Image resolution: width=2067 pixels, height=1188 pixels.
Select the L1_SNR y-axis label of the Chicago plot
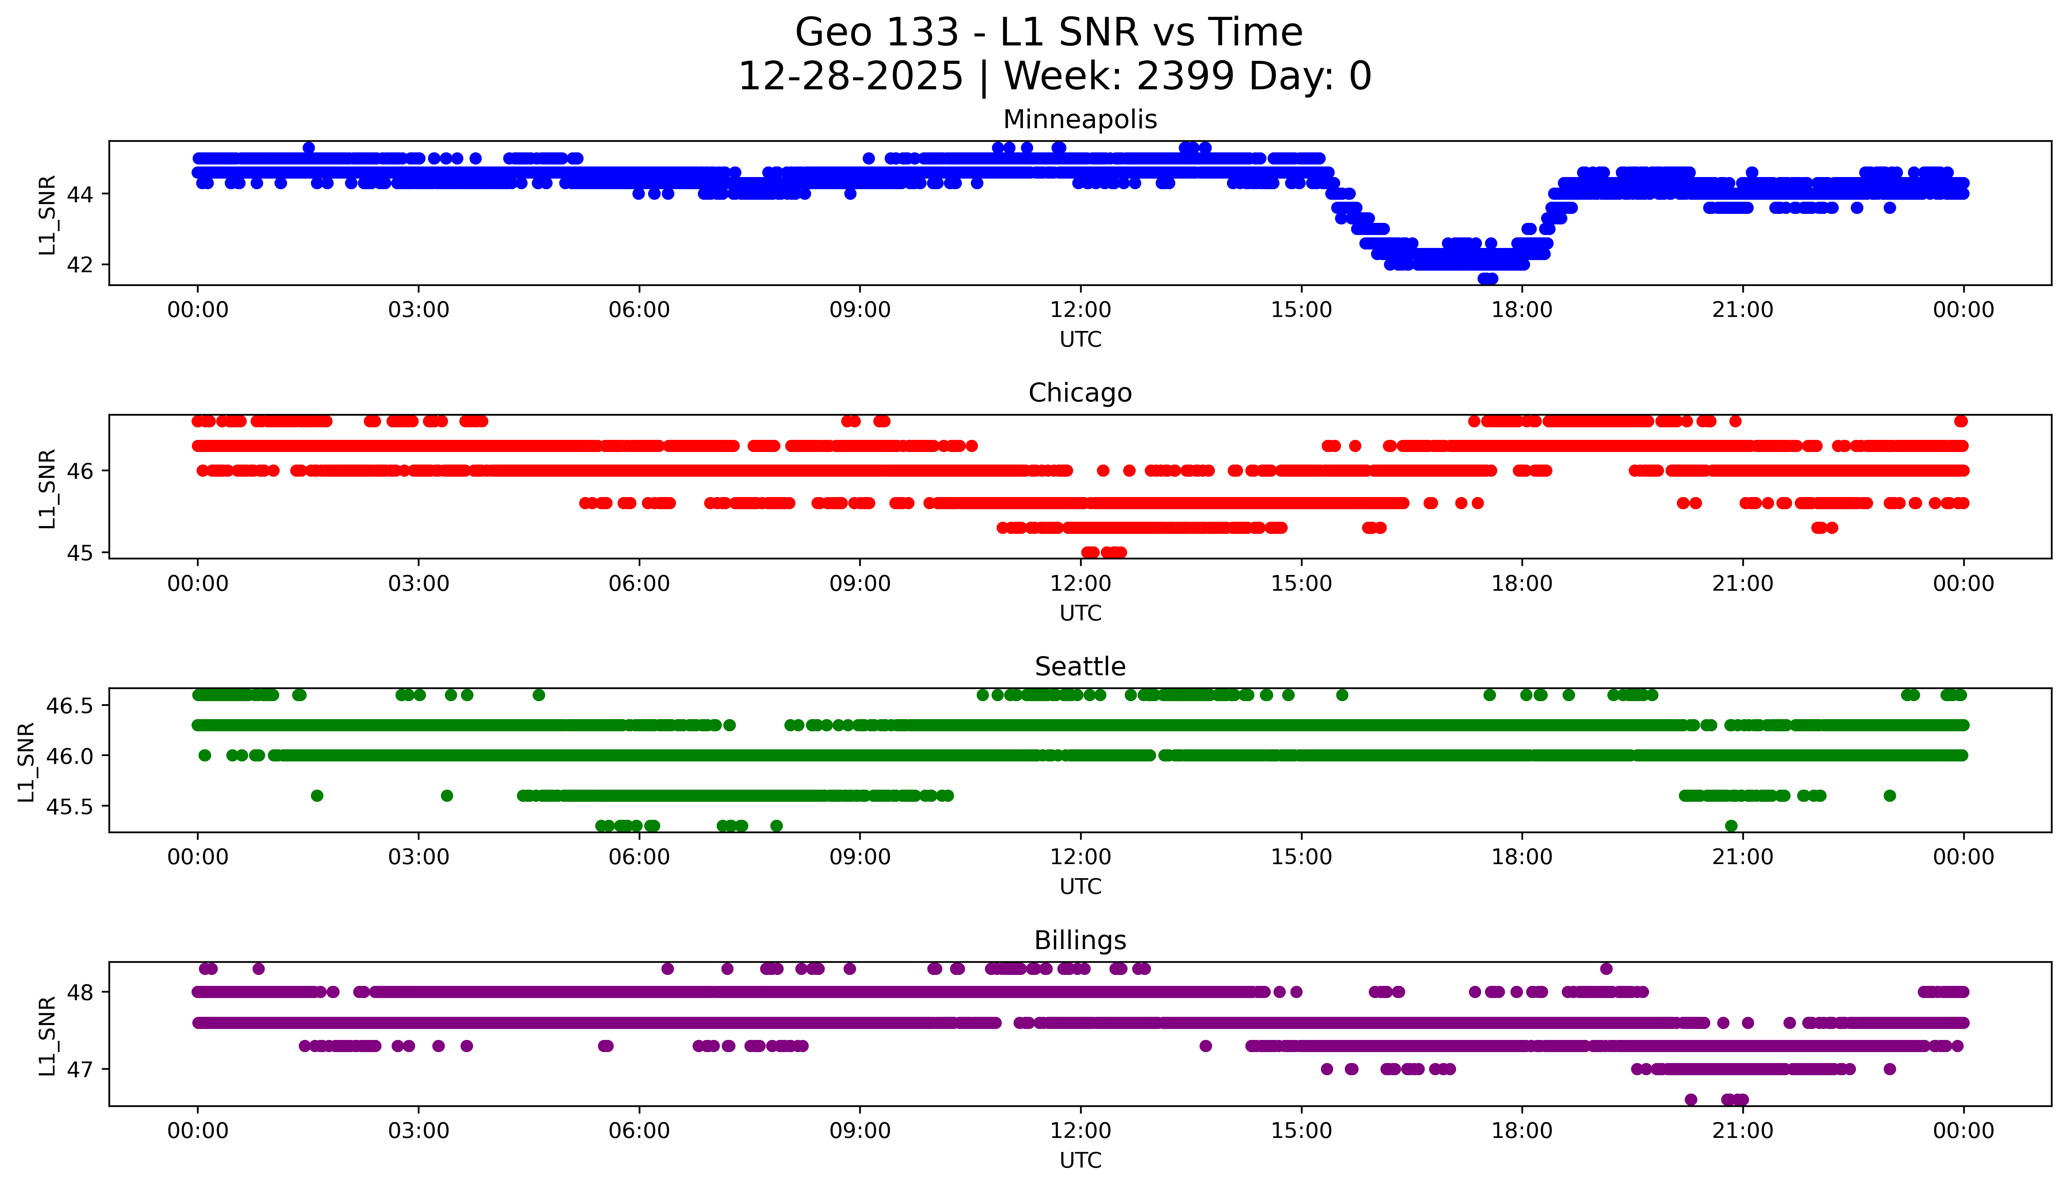tap(47, 488)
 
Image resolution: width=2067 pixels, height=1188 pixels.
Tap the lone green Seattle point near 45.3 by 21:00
tap(1731, 826)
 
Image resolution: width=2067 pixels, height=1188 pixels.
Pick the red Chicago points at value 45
tap(1103, 552)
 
